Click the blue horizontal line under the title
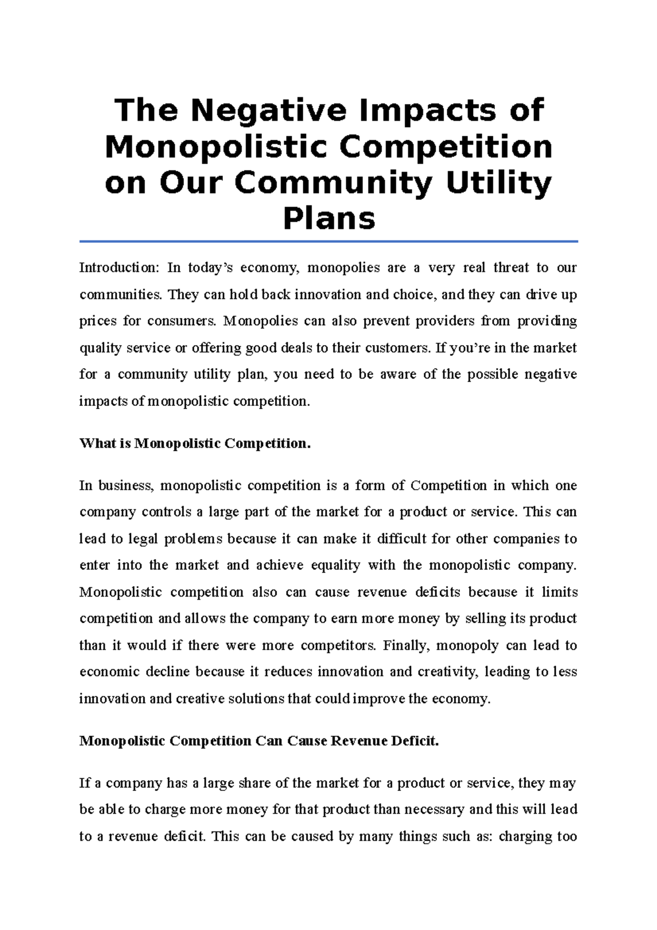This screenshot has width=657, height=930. point(328,241)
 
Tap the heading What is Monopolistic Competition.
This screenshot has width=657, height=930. point(195,443)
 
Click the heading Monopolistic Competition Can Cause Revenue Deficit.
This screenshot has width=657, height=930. point(259,741)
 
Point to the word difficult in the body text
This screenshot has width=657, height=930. point(401,539)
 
